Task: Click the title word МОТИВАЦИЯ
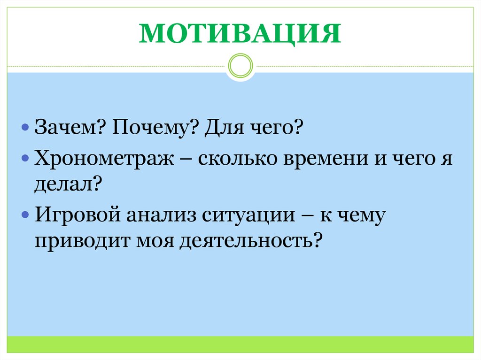[x=240, y=34]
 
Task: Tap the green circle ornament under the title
[x=240, y=66]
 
